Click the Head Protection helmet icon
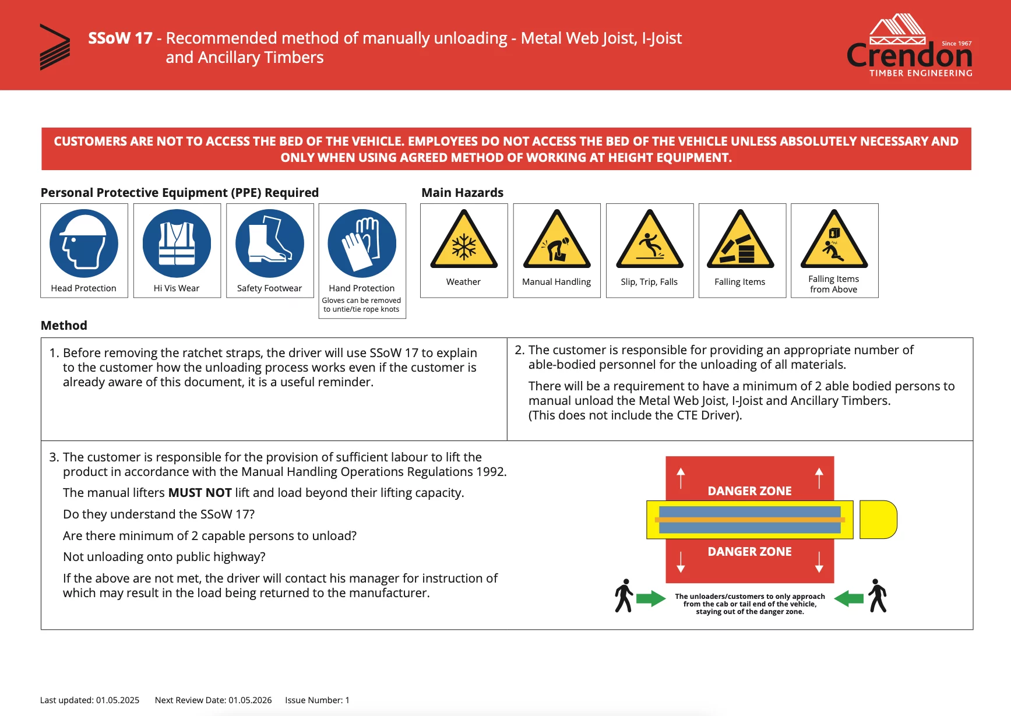coord(84,244)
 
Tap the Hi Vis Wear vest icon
coord(177,244)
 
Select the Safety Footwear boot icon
coord(269,244)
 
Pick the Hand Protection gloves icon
coord(362,244)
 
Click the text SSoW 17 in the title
coord(120,38)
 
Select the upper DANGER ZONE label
coord(749,491)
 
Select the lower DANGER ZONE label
coord(749,552)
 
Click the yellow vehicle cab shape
coord(878,519)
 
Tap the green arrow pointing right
coord(650,598)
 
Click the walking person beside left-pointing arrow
coord(877,595)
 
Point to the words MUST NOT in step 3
coord(200,493)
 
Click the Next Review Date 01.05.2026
coord(213,700)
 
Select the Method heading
coord(64,326)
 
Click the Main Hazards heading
coord(462,193)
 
